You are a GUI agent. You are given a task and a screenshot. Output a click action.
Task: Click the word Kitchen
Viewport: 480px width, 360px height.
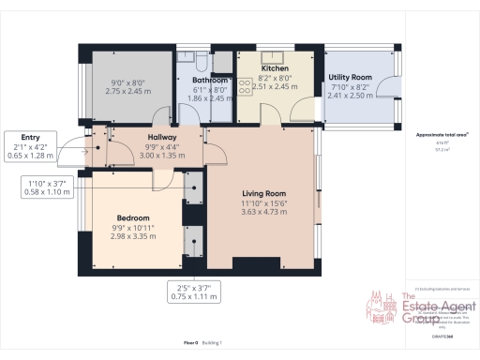coord(275,68)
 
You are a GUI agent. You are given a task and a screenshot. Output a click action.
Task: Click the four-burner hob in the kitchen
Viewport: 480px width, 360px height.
coord(246,86)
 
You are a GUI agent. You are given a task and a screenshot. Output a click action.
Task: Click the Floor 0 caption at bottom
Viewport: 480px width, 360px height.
coord(190,344)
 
